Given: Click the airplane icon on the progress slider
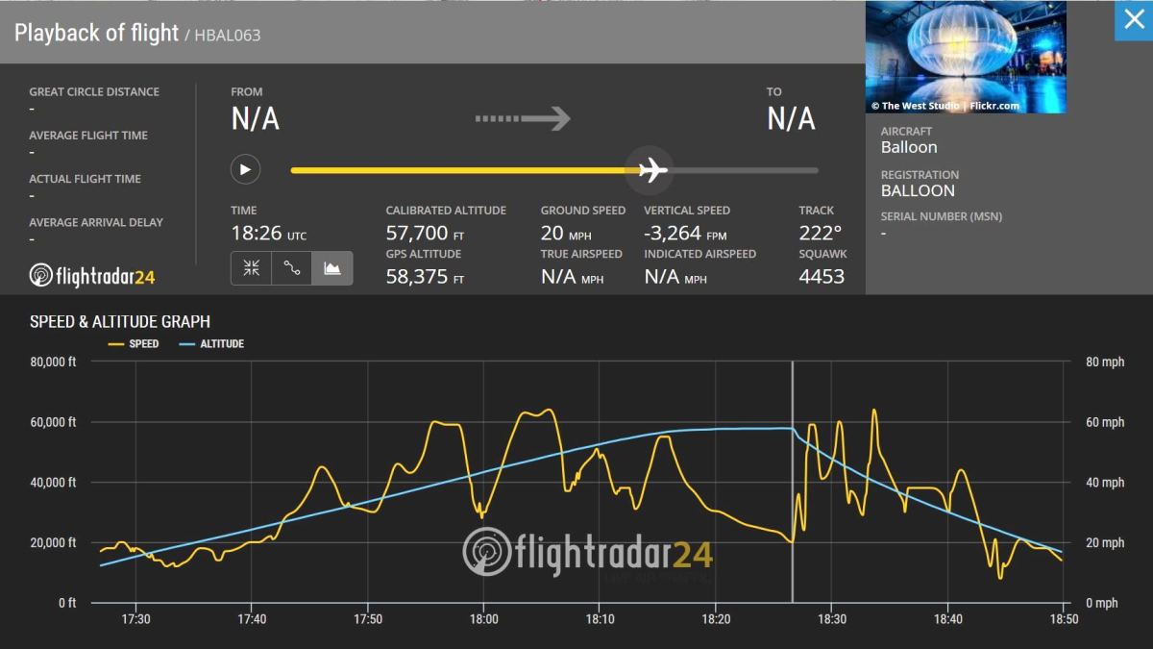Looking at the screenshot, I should click(653, 170).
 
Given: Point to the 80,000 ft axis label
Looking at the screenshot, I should click(54, 362).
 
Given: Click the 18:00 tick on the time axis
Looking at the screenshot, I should click(483, 620).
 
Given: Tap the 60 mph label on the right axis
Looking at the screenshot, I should click(1105, 422).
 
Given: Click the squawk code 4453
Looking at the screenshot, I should click(822, 277).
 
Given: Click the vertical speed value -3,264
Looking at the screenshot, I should click(673, 233).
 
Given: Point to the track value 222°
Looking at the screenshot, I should click(820, 233).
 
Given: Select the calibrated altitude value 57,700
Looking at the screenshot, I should click(417, 233).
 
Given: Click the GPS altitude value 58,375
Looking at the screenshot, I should click(417, 277).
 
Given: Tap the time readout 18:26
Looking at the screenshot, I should click(257, 233).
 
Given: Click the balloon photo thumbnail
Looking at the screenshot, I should click(966, 58).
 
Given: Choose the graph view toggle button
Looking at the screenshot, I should click(331, 269).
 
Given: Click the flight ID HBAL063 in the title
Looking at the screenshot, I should click(228, 36).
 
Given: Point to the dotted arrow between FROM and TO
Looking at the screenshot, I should click(523, 119).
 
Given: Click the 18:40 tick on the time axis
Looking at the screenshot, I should click(947, 620).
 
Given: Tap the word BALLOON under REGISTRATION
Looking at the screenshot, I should click(918, 190).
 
